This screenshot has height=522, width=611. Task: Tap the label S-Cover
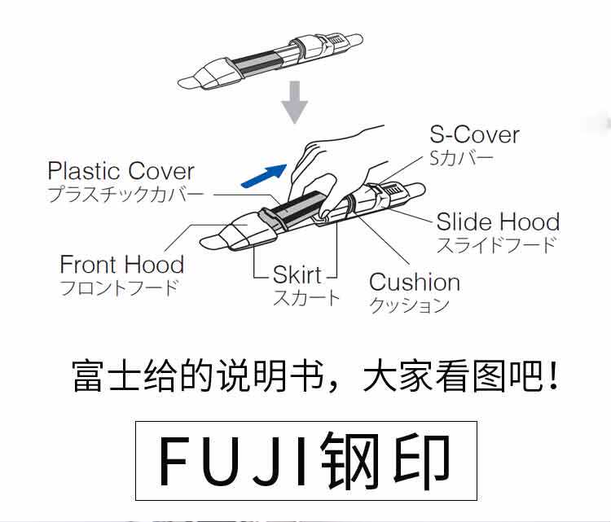474,134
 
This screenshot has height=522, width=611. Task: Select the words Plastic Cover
121,171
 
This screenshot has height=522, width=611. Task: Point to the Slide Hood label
498,222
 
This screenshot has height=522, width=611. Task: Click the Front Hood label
122,265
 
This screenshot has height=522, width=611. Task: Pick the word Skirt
297,274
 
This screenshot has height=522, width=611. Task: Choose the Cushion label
415,283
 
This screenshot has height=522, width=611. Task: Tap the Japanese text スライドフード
496,243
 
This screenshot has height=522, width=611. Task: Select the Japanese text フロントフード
119,287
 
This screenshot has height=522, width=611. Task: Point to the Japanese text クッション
410,305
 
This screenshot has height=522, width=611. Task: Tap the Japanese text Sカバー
461,156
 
